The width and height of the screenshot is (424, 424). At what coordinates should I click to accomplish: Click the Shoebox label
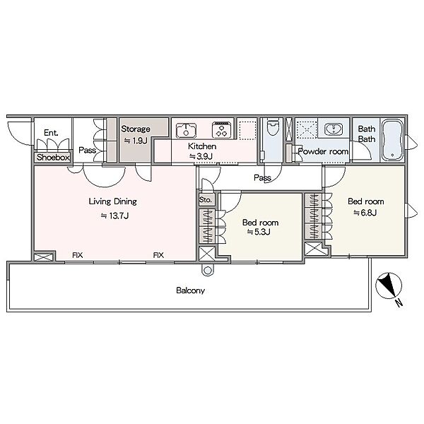point(53,157)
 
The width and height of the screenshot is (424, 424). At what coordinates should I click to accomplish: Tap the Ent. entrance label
point(51,133)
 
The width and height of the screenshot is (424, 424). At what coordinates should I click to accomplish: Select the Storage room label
point(136,129)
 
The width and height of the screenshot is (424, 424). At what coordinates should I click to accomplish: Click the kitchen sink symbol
point(186,131)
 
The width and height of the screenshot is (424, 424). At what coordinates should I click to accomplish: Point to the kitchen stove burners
point(222,130)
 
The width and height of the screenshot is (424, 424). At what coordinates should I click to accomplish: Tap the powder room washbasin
point(334,129)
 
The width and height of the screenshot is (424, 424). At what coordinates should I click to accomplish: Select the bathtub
point(392,140)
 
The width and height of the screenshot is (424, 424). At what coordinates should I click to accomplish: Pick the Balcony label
point(190,290)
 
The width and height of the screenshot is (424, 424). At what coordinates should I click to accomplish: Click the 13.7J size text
point(114,216)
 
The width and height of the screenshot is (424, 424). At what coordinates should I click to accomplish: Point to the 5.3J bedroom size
point(259,232)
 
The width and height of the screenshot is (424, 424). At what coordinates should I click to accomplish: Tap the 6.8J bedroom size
point(365,213)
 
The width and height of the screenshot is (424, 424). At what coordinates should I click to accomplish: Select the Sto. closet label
point(206,200)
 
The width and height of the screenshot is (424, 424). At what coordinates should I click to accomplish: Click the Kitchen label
point(202,146)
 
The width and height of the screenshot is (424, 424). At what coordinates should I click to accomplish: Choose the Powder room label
point(323,151)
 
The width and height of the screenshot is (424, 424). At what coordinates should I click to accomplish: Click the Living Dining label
point(113,201)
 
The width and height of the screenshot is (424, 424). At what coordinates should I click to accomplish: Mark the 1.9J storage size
point(136,141)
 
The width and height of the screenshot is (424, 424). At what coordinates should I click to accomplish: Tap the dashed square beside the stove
point(247,131)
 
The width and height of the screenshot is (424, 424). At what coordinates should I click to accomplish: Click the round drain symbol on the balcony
point(208,270)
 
